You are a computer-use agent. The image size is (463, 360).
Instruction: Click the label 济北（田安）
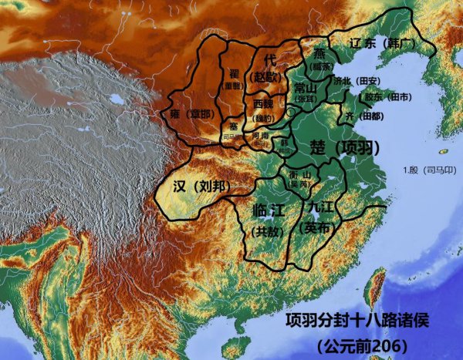click(357, 81)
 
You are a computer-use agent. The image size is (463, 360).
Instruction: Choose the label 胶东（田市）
click(387, 97)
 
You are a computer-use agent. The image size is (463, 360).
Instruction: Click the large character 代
click(269, 59)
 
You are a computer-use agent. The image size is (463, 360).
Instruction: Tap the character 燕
click(319, 53)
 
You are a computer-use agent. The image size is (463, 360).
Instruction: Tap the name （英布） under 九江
click(316, 227)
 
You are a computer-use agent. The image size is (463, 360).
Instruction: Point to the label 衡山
click(299, 174)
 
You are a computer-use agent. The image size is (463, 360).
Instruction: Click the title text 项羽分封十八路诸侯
click(354, 319)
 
